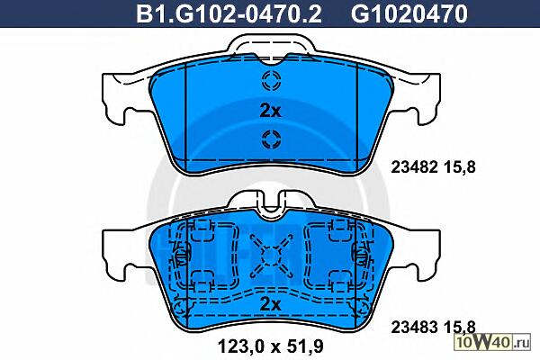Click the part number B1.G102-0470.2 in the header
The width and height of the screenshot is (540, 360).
point(229,13)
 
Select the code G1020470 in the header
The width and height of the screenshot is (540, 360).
point(409,13)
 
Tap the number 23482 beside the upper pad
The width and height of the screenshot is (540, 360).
point(414,167)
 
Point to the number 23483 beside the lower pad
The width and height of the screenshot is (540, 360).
point(414,327)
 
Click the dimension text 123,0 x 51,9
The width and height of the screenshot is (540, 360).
point(271,346)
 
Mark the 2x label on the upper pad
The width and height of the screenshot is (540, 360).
point(270,111)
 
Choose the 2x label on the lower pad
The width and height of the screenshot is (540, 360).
point(270,304)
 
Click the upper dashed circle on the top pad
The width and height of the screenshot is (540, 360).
point(272,80)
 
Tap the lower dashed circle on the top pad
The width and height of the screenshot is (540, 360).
point(272,139)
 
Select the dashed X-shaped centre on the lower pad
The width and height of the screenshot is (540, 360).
point(272,256)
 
